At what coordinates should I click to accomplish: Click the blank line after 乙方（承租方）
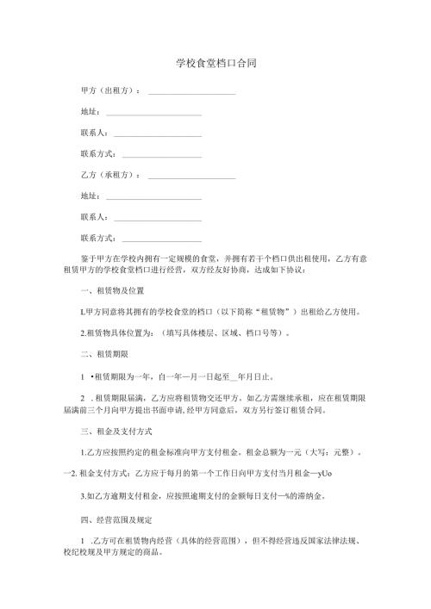pos(191,177)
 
